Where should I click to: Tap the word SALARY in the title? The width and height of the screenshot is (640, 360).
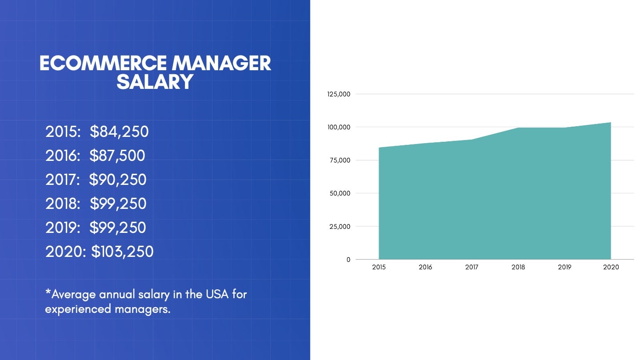click(155, 82)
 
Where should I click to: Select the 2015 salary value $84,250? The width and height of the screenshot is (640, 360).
click(119, 132)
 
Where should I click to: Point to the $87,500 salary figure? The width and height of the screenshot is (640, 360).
click(117, 156)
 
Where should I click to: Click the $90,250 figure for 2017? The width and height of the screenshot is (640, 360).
click(118, 180)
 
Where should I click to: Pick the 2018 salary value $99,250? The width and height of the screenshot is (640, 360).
click(118, 204)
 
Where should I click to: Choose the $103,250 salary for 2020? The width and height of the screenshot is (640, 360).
click(122, 252)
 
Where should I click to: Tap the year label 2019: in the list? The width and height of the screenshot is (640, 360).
click(63, 228)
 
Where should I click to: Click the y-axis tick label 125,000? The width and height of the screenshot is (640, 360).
click(339, 94)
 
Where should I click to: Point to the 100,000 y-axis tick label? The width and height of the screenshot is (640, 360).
click(339, 127)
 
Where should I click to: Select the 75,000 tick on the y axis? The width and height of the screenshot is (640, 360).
click(340, 160)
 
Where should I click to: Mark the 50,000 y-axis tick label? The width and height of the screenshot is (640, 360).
click(340, 193)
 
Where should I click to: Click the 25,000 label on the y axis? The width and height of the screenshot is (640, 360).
click(340, 226)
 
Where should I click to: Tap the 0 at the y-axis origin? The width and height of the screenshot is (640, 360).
click(348, 260)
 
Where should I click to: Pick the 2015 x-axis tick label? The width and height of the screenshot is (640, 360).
click(379, 267)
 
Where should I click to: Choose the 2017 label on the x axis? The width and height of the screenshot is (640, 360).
click(472, 267)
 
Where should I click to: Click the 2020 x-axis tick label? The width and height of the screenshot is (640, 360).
click(611, 267)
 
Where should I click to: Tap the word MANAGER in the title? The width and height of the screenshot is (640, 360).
click(221, 64)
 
